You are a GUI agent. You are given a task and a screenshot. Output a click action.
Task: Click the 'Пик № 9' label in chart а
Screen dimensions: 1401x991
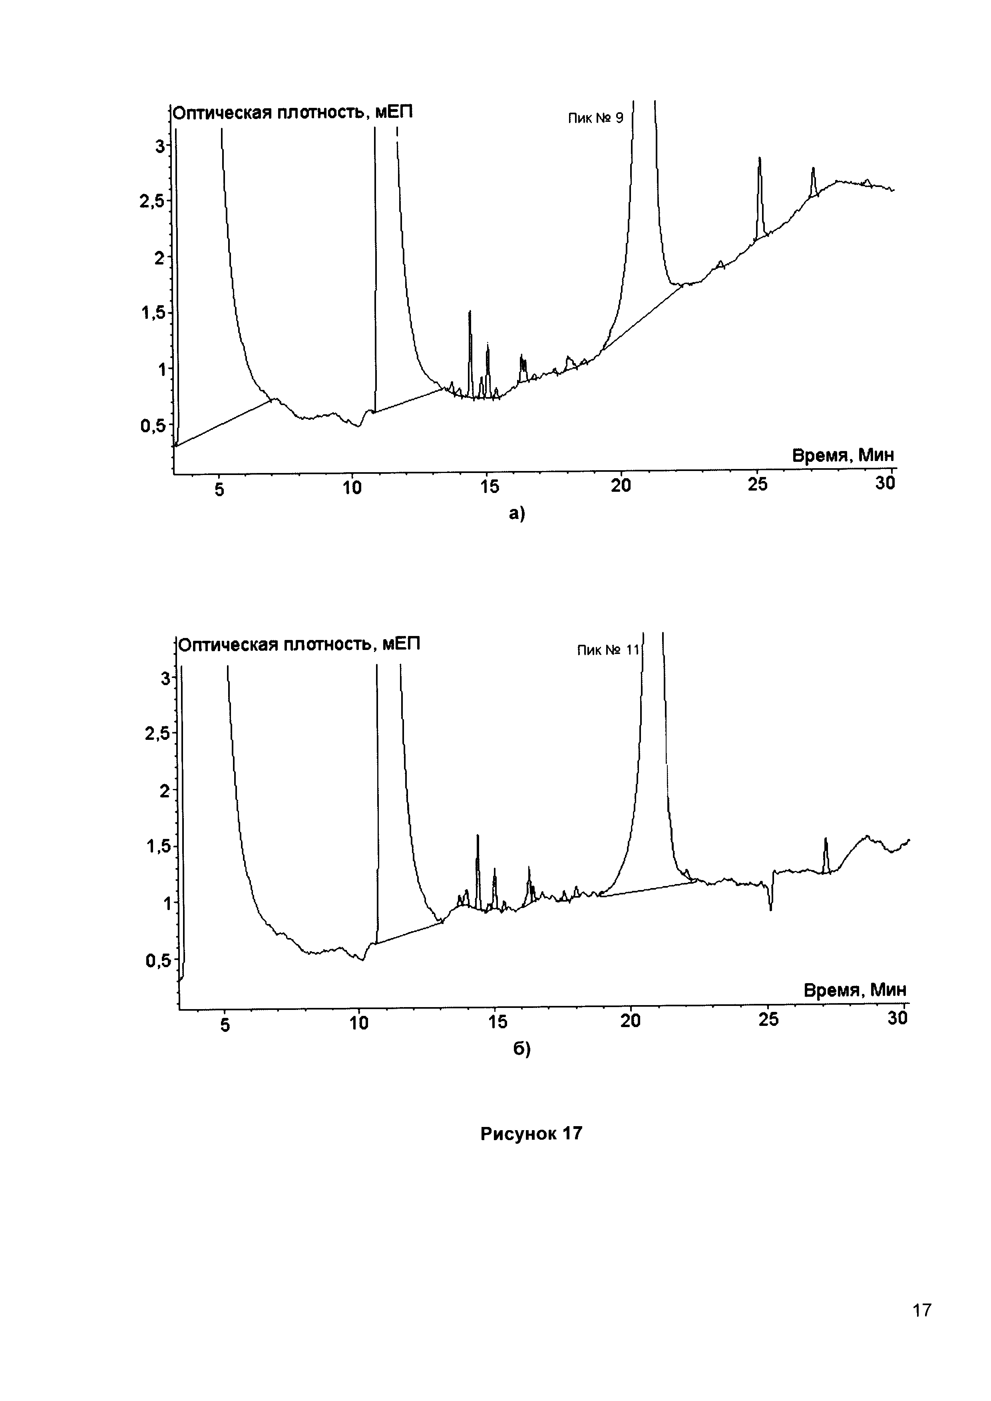tap(595, 118)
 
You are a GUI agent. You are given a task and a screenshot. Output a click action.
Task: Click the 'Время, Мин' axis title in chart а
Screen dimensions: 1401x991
tap(843, 455)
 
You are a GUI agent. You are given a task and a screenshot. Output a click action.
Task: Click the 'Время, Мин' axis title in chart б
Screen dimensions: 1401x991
tap(854, 990)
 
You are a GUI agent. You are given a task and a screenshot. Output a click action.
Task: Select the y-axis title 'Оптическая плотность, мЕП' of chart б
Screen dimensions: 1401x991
tap(299, 644)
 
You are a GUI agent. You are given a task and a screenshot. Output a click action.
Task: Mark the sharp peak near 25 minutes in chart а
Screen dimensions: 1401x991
tap(760, 160)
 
